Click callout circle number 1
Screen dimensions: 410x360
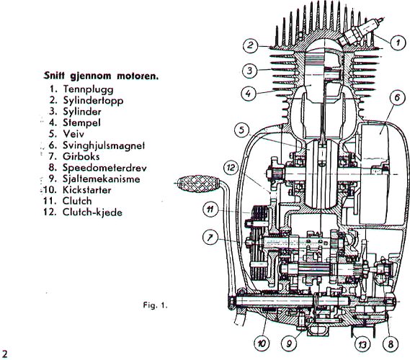(398, 42)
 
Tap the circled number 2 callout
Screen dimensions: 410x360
(250, 45)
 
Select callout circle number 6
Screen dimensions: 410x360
(397, 98)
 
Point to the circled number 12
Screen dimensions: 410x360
(231, 168)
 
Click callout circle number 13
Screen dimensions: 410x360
(362, 345)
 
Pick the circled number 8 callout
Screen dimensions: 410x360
(391, 344)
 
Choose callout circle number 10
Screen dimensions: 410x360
(262, 343)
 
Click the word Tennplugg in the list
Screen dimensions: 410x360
(89, 89)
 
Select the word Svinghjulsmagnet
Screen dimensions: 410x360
(104, 145)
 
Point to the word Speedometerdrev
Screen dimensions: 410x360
(104, 168)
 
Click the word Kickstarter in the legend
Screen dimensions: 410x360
(86, 189)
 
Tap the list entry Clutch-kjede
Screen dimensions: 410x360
(92, 212)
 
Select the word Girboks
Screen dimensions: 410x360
(81, 156)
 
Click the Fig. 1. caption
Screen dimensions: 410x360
(155, 305)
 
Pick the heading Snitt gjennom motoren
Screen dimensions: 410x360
(101, 76)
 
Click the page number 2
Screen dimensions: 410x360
(5, 354)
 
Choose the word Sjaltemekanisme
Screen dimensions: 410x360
(101, 179)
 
